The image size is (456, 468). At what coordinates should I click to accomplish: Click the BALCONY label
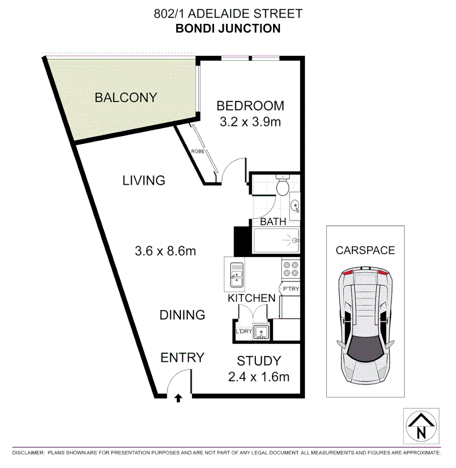point(126,97)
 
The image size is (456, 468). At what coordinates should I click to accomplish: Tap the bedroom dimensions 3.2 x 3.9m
point(250,122)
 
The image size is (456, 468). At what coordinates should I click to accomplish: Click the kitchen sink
point(235,274)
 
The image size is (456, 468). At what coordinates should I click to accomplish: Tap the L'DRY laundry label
point(244,332)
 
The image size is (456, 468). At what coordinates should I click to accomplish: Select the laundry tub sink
point(261,332)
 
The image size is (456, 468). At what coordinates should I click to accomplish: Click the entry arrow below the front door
point(178,398)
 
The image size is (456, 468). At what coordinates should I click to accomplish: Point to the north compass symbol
point(421,426)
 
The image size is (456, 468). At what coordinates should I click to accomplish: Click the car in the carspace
point(365,326)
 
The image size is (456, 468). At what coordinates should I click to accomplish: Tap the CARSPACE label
point(365,250)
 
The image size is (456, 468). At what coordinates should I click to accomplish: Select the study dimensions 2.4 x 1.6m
point(259,377)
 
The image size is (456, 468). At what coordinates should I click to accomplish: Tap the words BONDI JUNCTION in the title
point(228,29)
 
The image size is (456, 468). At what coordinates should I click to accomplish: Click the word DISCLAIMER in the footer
point(28,453)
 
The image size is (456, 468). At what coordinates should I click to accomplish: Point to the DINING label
point(182,315)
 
